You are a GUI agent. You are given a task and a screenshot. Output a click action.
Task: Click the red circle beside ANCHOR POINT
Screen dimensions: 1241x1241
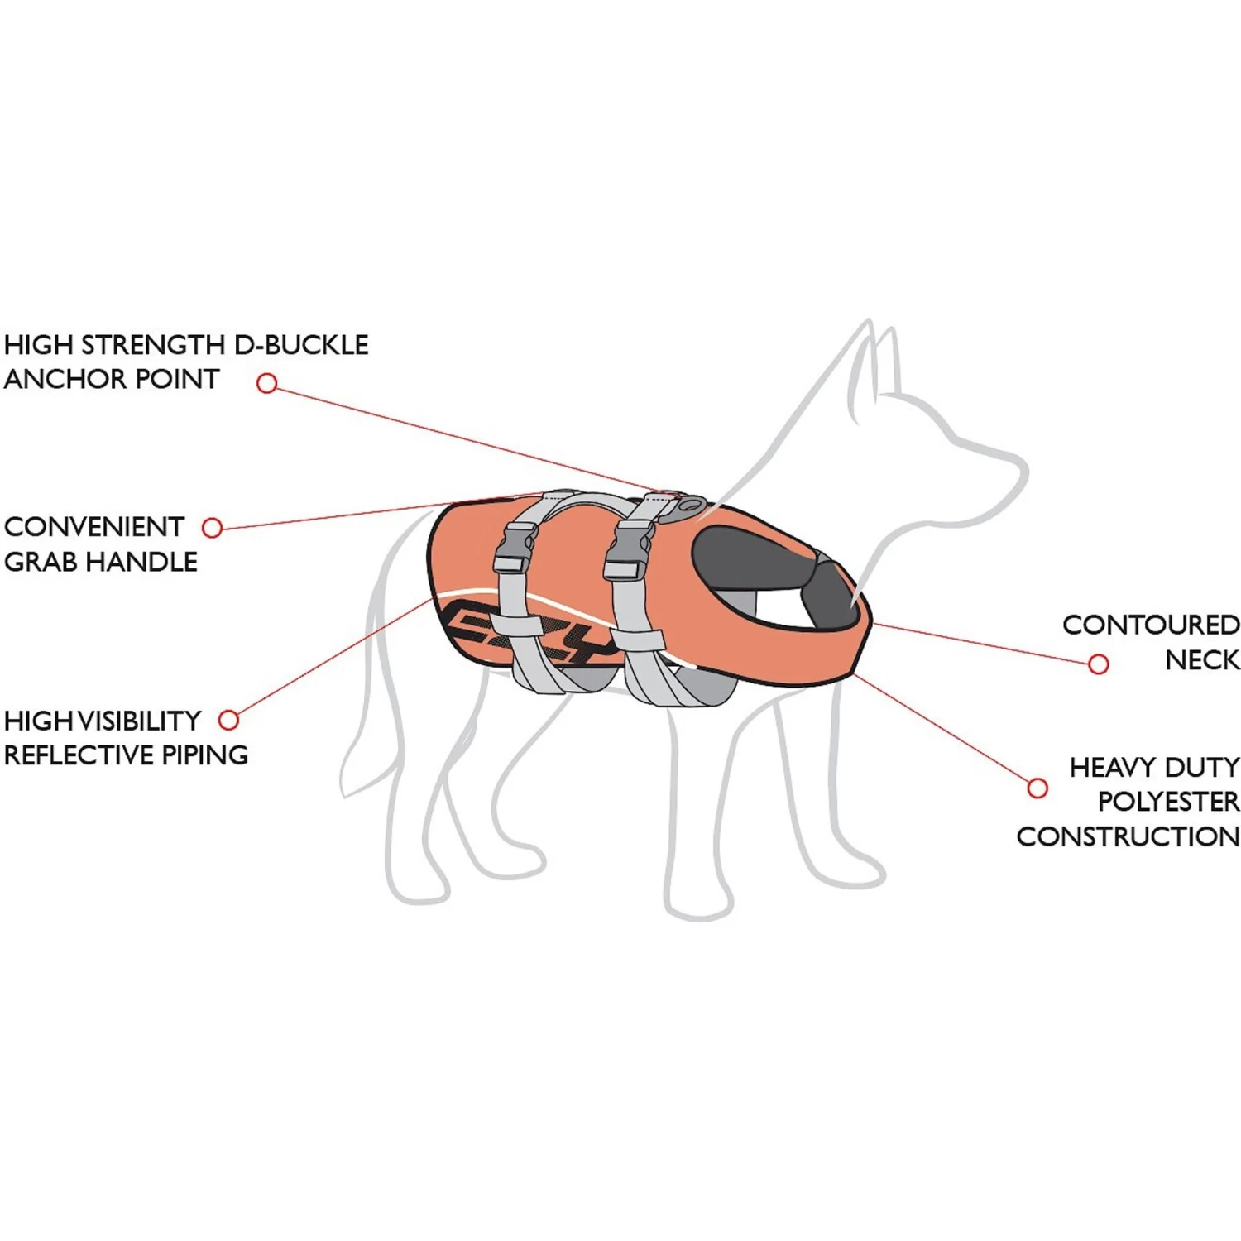click(x=266, y=383)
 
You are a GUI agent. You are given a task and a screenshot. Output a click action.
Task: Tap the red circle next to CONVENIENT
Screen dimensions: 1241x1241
click(x=213, y=528)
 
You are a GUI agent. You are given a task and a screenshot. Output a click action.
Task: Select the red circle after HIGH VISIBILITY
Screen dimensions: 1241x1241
click(x=228, y=720)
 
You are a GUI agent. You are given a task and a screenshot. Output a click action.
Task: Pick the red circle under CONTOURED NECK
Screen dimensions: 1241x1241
click(x=1098, y=664)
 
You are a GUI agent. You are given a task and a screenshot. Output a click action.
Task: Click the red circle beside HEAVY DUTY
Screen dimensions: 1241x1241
click(x=1037, y=788)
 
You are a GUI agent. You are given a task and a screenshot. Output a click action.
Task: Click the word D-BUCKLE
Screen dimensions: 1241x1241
click(x=301, y=344)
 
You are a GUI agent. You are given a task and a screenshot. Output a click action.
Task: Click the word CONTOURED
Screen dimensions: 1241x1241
click(x=1150, y=625)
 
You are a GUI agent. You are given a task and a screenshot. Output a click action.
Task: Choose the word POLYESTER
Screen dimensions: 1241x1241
click(x=1167, y=801)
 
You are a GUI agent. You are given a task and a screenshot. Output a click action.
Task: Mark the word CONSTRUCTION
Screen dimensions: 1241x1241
click(x=1128, y=836)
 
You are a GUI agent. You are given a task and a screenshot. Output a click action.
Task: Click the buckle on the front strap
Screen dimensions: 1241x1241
click(x=627, y=550)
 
